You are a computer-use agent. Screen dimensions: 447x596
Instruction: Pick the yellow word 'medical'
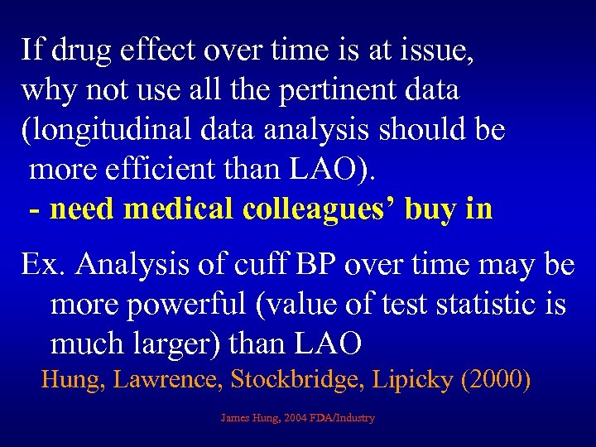180,209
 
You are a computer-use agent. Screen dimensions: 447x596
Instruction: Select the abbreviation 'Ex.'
44,266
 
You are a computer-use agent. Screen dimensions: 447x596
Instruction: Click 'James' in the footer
237,418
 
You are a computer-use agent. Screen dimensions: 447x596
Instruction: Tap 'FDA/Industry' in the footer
344,418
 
